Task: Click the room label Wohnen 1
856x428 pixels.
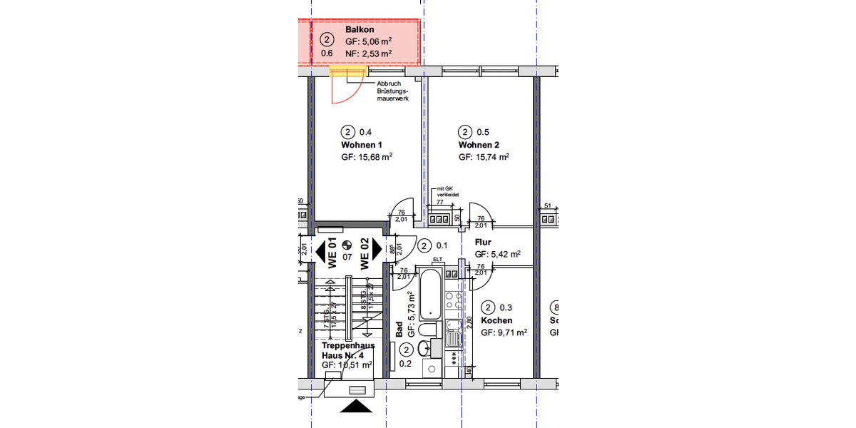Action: click(x=361, y=145)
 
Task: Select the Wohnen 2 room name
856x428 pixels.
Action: click(x=479, y=145)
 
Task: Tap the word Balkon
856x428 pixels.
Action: click(x=360, y=30)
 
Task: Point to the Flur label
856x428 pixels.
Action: click(x=483, y=242)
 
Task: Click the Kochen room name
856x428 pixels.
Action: click(x=496, y=320)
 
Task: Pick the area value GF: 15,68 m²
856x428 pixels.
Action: click(x=367, y=157)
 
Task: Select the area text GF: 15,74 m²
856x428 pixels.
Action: click(x=484, y=157)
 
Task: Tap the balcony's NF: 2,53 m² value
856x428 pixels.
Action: click(x=368, y=53)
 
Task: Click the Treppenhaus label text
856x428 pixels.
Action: click(x=348, y=345)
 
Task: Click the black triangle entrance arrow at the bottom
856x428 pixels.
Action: click(x=356, y=406)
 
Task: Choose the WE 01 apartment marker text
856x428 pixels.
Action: click(x=332, y=253)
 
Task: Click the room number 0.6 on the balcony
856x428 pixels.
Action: click(x=327, y=53)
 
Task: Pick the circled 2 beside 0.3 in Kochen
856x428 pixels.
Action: click(x=488, y=307)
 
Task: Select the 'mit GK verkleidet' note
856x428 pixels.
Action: click(x=447, y=190)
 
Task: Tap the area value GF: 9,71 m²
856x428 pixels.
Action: click(x=504, y=332)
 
